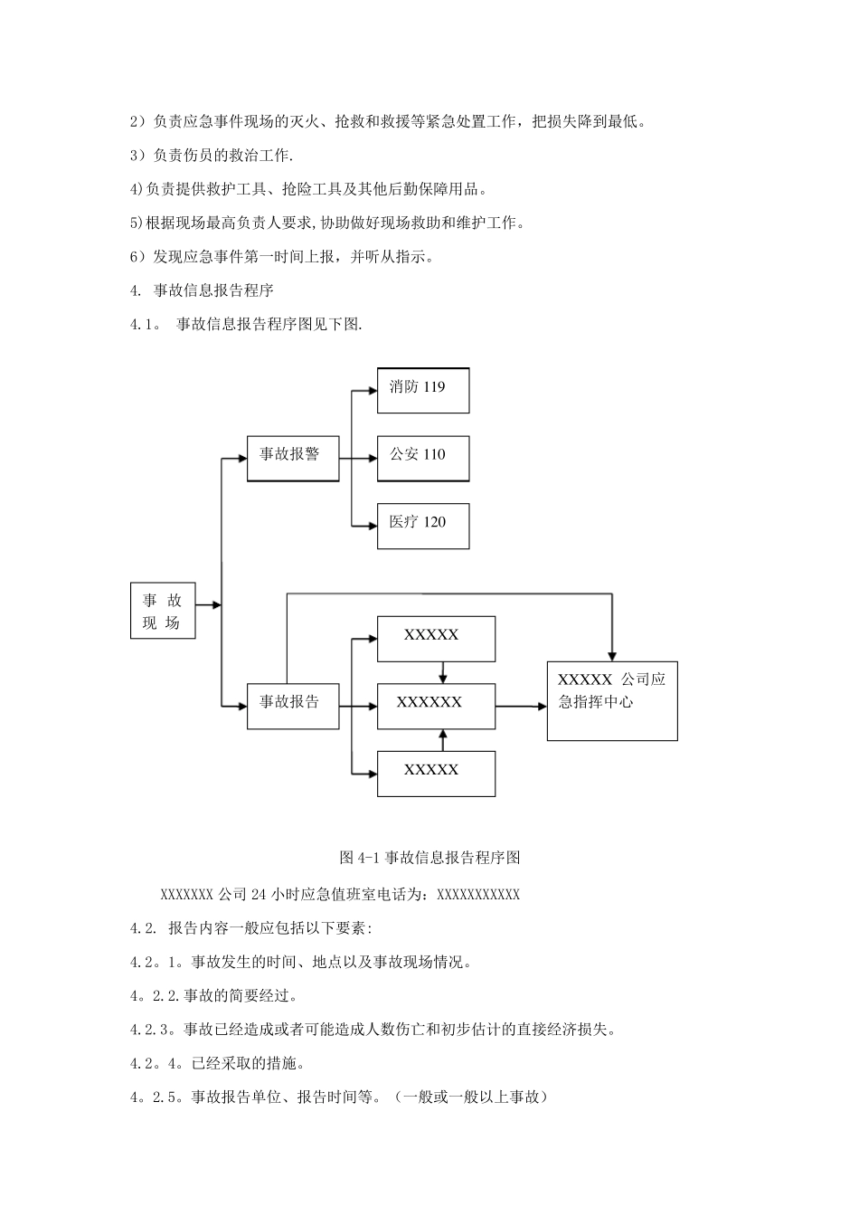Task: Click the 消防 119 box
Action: [x=423, y=390]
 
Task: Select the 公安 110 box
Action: [x=423, y=458]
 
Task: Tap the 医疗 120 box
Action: [x=423, y=526]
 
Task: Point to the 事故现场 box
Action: [x=163, y=611]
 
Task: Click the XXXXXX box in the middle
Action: [x=436, y=706]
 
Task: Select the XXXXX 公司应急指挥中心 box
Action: [x=612, y=701]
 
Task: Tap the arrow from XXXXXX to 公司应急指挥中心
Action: [x=521, y=706]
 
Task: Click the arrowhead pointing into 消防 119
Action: [x=372, y=390]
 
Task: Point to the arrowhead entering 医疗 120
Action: [x=372, y=526]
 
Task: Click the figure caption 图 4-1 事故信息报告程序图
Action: [x=429, y=857]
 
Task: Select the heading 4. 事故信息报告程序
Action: [x=202, y=290]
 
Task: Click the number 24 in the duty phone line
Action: [x=257, y=895]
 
